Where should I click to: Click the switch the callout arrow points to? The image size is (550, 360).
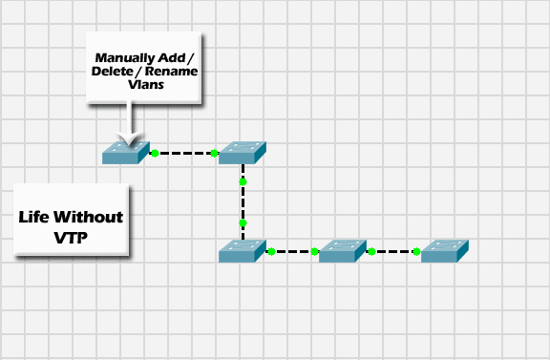click(126, 152)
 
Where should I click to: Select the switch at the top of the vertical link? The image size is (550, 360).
click(243, 152)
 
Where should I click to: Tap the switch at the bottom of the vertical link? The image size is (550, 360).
click(243, 251)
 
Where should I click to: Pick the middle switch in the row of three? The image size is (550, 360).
click(343, 251)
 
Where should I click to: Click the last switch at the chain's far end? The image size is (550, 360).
click(445, 251)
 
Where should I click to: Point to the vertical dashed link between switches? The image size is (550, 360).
click(243, 201)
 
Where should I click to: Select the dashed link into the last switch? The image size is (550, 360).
click(393, 252)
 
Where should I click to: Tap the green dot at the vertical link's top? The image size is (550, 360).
click(243, 180)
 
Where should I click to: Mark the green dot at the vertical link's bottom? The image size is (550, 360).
click(243, 223)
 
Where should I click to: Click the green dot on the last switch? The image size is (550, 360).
click(416, 252)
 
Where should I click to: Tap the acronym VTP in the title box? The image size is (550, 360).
click(71, 237)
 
